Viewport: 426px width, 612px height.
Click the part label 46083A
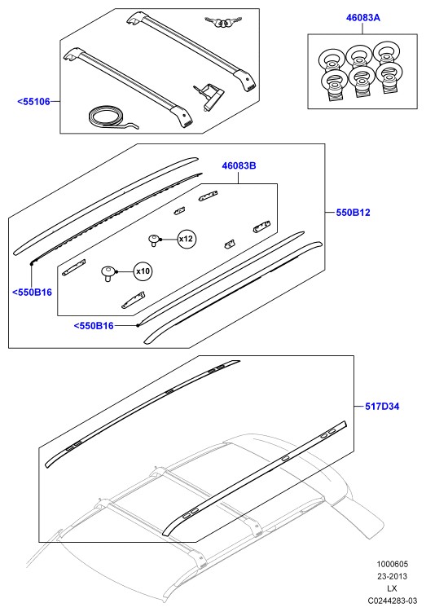(x=362, y=18)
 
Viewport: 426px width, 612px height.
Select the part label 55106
(x=34, y=102)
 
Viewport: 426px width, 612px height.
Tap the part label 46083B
(x=239, y=165)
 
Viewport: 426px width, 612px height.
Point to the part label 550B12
(x=353, y=213)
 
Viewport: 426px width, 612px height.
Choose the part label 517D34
(x=382, y=407)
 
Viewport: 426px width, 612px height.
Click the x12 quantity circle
(x=187, y=239)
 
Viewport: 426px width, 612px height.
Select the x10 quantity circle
(x=143, y=271)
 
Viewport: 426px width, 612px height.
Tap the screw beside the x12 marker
(x=155, y=240)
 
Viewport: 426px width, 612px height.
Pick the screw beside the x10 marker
(x=108, y=273)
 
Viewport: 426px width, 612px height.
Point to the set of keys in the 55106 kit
(x=222, y=22)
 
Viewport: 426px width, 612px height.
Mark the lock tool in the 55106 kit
(x=209, y=97)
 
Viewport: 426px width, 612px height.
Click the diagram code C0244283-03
(x=389, y=601)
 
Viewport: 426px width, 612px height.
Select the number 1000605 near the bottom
(x=392, y=564)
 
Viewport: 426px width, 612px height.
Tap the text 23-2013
(x=392, y=576)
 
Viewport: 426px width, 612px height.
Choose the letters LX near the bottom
(x=392, y=588)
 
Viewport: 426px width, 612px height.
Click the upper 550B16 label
(x=32, y=293)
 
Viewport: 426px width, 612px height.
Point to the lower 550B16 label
(x=94, y=325)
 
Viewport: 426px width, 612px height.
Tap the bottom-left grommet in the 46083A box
(x=335, y=86)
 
